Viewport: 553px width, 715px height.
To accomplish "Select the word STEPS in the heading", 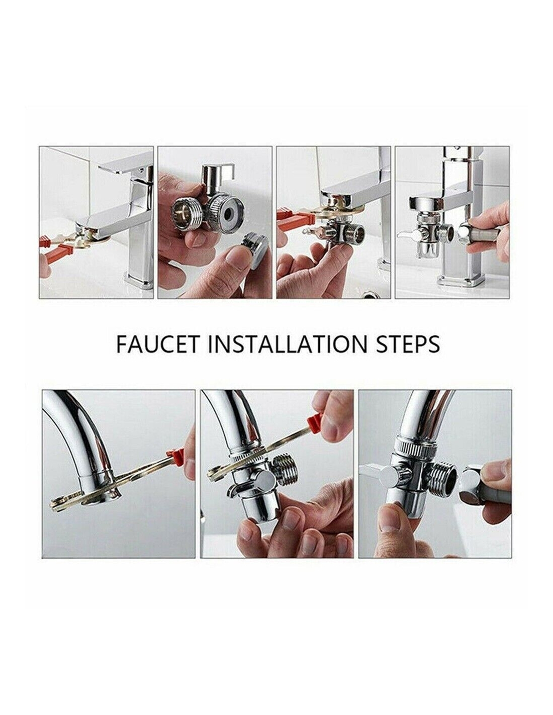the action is [407, 344].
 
